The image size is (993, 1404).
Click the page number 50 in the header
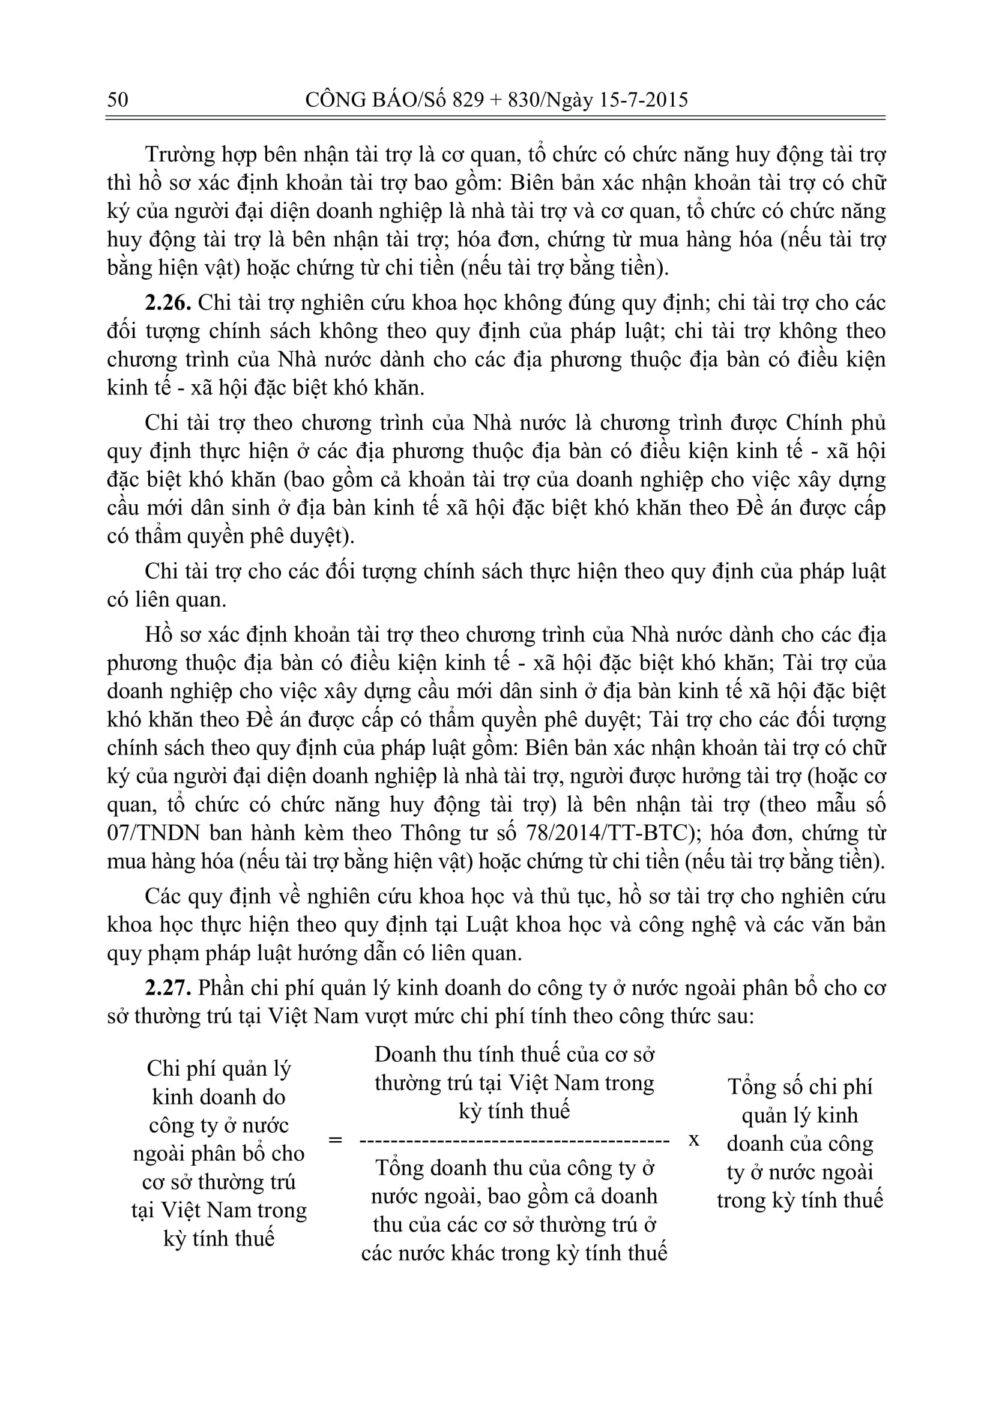(x=118, y=99)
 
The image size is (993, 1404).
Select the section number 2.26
(x=168, y=303)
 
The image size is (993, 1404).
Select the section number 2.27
(x=168, y=987)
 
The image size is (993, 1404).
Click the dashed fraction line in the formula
(x=515, y=1140)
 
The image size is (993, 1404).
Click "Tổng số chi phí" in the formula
(x=800, y=1086)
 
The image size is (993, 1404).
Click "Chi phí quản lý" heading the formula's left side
(x=219, y=1068)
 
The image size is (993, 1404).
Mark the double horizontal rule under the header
(x=495, y=118)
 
